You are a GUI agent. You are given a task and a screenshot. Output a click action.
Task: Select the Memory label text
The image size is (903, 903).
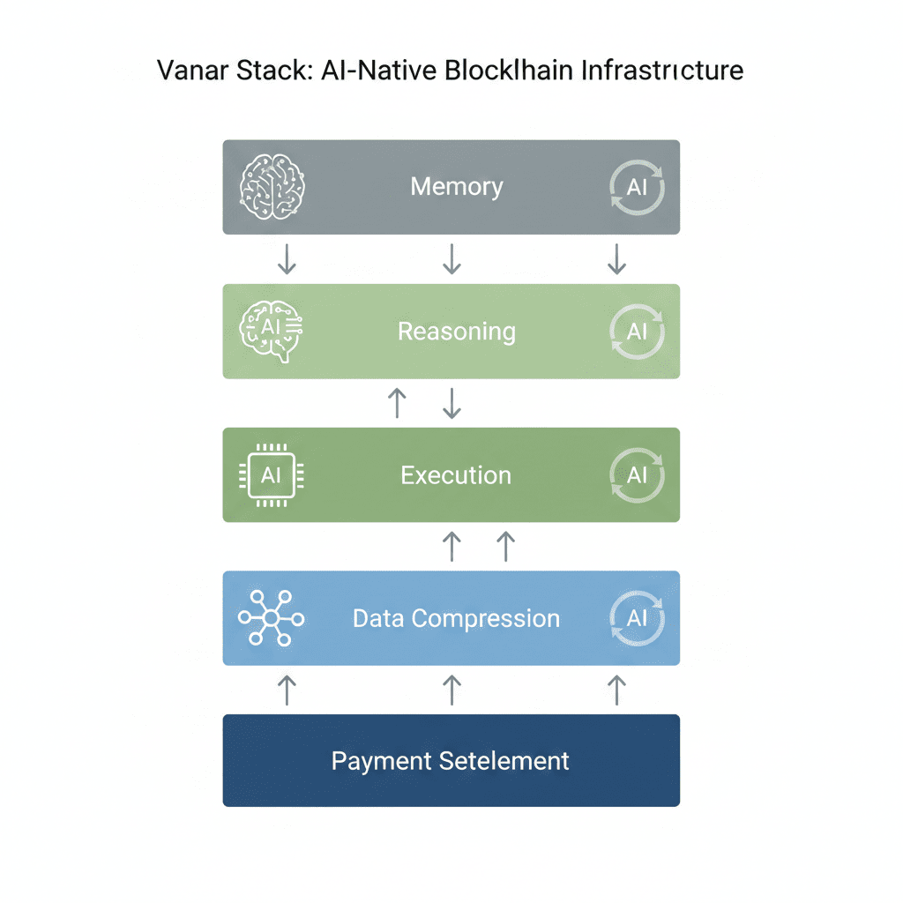pos(457,187)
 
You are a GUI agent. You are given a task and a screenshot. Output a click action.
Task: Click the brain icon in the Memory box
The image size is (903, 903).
pos(272,187)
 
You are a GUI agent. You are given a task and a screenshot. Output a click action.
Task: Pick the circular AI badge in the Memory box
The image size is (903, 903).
pos(637,187)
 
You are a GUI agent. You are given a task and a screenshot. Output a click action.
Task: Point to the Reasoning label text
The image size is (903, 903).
pos(457,332)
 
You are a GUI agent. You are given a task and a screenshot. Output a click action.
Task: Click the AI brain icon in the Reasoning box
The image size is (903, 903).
pos(272,332)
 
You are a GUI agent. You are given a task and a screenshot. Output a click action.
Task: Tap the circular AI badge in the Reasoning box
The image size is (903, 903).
pos(637,332)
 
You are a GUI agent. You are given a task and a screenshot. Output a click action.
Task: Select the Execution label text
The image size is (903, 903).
pos(456,475)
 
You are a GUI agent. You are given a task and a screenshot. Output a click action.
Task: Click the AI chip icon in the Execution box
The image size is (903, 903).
pos(272,475)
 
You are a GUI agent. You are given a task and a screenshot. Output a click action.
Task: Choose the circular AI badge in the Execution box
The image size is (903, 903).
pos(637,475)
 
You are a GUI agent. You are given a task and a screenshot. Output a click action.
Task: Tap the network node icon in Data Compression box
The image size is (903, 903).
pos(272,618)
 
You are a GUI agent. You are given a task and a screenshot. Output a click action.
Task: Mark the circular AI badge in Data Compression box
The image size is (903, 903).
pos(637,618)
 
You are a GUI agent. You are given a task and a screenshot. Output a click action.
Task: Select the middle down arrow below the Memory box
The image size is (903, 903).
pos(451,258)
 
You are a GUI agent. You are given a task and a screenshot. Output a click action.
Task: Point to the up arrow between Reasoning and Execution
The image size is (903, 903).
pos(398,403)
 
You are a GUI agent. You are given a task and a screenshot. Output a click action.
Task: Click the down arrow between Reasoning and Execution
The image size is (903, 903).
pos(451,403)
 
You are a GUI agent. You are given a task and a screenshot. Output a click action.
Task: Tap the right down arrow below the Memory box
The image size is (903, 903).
pos(617,258)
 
